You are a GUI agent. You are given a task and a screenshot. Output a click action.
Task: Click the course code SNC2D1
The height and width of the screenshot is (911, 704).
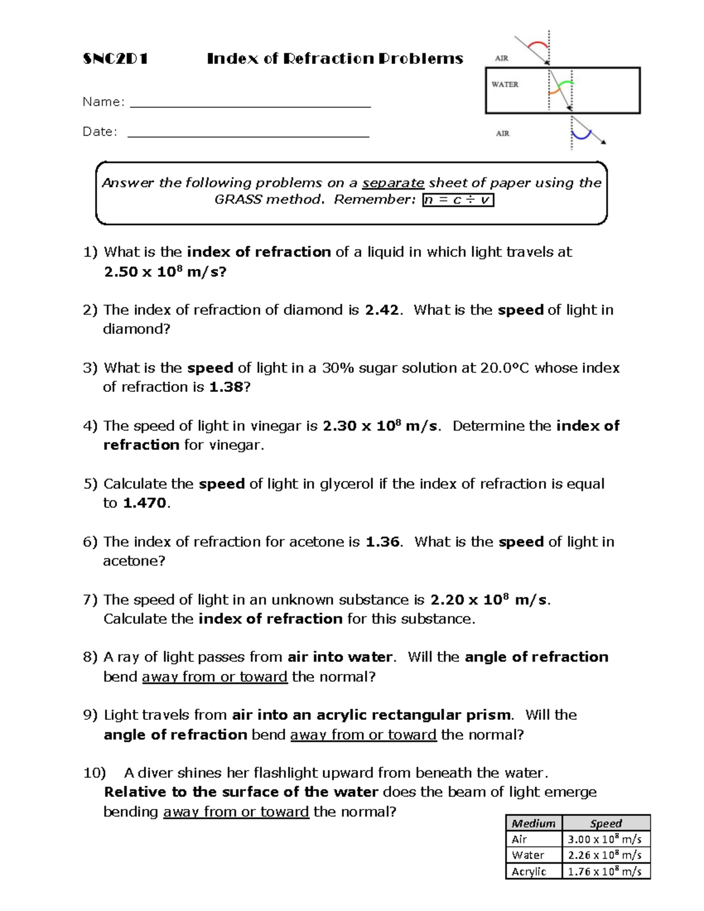[x=115, y=59]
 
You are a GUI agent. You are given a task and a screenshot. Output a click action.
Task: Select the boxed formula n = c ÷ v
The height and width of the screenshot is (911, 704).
[x=458, y=200]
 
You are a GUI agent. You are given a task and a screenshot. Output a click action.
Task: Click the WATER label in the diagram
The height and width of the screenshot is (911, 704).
[x=505, y=84]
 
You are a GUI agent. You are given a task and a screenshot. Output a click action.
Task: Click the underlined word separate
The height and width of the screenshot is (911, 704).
[x=393, y=183]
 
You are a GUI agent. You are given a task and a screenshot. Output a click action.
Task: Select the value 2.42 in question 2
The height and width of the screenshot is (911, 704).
[x=381, y=310]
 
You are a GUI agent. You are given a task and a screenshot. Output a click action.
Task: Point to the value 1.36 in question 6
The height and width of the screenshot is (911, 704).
[x=382, y=542]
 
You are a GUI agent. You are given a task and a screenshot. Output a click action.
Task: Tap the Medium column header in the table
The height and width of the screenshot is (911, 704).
[x=533, y=823]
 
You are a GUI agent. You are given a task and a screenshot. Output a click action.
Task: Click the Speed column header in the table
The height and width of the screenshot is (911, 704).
[x=606, y=823]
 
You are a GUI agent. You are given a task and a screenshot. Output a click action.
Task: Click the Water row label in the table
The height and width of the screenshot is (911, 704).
[x=528, y=855]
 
